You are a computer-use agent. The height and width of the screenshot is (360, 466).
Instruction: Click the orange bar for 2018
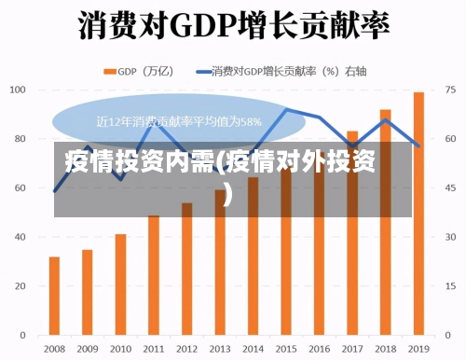385,221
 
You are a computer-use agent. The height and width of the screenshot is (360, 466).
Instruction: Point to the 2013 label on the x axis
220,348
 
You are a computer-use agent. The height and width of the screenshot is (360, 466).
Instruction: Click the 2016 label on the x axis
319,348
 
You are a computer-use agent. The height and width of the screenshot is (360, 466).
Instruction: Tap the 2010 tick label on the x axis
120,348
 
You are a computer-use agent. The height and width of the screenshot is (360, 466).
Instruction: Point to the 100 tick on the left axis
18,90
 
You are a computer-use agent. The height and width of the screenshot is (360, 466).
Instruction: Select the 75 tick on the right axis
450,90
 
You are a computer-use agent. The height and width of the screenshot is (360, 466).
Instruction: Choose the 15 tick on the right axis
450,285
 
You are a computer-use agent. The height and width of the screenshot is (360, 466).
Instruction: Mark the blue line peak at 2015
286,110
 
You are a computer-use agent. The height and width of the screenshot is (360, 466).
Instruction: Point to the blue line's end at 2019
418,145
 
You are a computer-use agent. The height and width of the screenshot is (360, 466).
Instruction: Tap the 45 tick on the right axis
450,187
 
